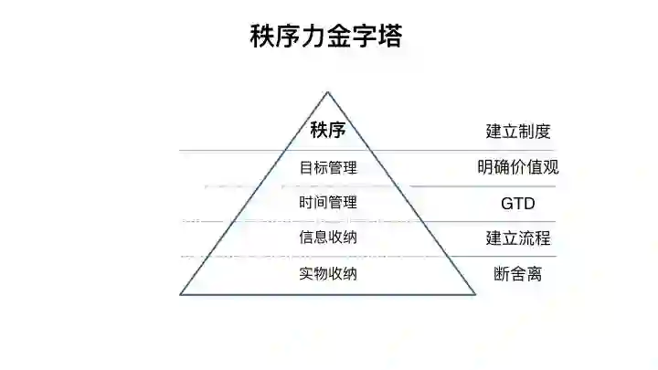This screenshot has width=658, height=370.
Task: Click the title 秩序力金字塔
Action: (326, 37)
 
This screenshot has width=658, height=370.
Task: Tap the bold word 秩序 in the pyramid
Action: (327, 130)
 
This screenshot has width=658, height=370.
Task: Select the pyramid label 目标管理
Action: (327, 167)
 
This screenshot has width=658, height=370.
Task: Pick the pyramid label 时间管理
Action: (327, 202)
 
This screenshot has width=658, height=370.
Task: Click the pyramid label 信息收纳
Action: (327, 238)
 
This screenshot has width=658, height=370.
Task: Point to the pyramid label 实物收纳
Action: (327, 273)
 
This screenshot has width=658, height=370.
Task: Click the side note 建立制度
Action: (518, 132)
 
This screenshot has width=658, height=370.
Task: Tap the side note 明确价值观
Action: (518, 167)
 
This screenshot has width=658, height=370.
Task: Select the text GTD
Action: (517, 203)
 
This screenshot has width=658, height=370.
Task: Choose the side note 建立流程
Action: (518, 238)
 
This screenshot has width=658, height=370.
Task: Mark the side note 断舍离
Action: (517, 273)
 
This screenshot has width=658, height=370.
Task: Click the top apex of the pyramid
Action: (327, 91)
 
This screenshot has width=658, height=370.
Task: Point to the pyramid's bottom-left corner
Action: (181, 294)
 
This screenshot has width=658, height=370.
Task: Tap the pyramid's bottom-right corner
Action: (475, 294)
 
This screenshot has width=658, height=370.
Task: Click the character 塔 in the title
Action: (389, 37)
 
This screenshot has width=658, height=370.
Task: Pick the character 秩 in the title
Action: (262, 37)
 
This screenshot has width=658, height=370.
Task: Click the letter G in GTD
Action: (505, 203)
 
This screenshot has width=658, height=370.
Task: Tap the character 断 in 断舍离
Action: (502, 273)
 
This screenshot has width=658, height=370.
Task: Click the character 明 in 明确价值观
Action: (485, 167)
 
